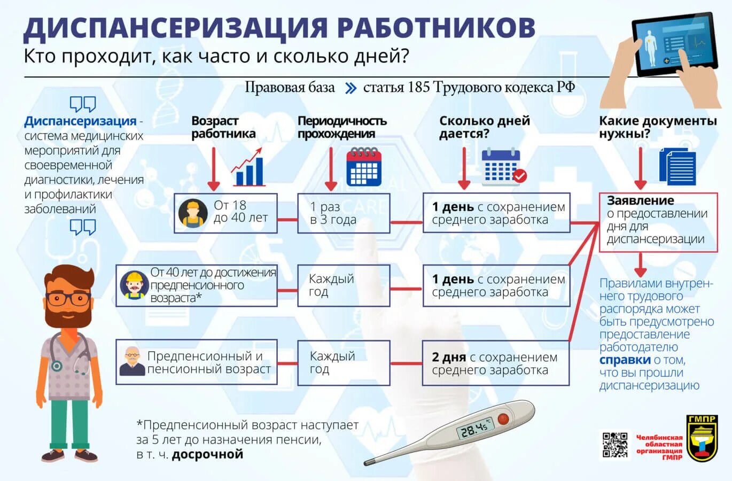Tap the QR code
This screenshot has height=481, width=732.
coord(614,445)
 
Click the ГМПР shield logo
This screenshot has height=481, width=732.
coord(702,438)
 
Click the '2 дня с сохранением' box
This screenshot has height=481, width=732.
coord(495,363)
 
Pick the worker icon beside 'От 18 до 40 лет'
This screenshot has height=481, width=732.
coord(192,214)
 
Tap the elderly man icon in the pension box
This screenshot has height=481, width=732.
coord(132,362)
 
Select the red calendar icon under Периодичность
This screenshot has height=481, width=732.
coord(364,167)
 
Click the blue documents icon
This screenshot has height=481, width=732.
coord(678,166)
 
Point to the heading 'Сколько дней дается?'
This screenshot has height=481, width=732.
coord(484,127)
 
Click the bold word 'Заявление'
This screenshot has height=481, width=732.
coord(641,201)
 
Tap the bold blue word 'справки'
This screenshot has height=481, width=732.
coord(625,360)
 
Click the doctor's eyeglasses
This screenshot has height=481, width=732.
coord(67,298)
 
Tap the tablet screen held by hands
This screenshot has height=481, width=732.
coord(674,43)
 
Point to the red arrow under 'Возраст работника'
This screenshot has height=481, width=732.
coord(213,168)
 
